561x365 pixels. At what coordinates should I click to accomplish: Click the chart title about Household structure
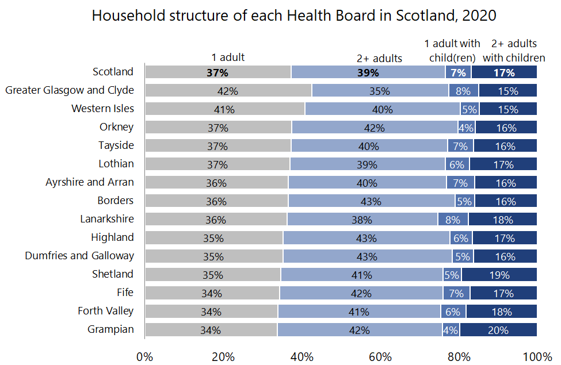pyautogui.click(x=293, y=16)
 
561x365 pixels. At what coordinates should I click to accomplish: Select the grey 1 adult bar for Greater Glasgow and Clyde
pyautogui.click(x=228, y=91)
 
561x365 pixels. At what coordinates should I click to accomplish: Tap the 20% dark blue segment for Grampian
pyautogui.click(x=498, y=330)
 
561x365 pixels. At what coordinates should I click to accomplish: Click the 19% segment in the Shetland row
pyautogui.click(x=499, y=275)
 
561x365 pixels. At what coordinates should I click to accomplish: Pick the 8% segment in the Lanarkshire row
pyautogui.click(x=453, y=220)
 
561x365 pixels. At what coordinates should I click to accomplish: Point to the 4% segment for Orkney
pyautogui.click(x=467, y=128)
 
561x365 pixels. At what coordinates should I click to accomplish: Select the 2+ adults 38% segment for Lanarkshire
pyautogui.click(x=362, y=220)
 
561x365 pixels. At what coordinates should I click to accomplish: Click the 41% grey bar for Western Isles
pyautogui.click(x=224, y=109)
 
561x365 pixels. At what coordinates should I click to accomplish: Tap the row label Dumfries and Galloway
pyautogui.click(x=79, y=256)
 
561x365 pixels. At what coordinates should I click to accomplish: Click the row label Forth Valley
pyautogui.click(x=106, y=311)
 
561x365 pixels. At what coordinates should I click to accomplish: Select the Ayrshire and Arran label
pyautogui.click(x=90, y=182)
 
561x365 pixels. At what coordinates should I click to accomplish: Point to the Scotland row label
pyautogui.click(x=113, y=72)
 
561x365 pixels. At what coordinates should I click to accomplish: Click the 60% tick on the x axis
pyautogui.click(x=380, y=356)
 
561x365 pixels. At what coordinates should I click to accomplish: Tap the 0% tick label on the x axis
pyautogui.click(x=145, y=356)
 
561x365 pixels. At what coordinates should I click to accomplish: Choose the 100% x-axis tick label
pyautogui.click(x=536, y=356)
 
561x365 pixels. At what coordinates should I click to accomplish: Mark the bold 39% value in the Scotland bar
pyautogui.click(x=368, y=72)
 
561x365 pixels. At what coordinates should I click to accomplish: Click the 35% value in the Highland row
pyautogui.click(x=213, y=238)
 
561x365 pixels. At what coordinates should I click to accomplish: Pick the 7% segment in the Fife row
pyautogui.click(x=456, y=293)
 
